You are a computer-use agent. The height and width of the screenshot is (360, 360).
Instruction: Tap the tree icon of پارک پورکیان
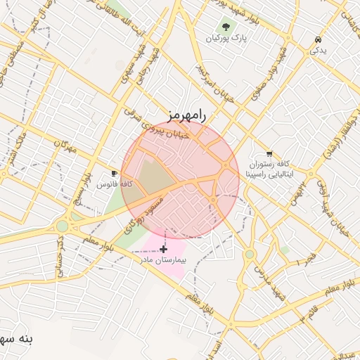point(225,27)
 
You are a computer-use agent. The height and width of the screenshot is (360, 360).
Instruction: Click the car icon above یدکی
point(319,39)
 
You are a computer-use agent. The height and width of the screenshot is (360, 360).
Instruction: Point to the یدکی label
point(319,51)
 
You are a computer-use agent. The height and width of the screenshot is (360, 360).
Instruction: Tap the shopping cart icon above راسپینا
point(269,153)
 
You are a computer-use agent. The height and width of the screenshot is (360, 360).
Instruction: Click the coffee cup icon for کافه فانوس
point(115,173)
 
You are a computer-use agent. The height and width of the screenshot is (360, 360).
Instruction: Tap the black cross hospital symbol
point(164,248)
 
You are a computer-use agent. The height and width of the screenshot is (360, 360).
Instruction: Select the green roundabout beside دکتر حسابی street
point(63,226)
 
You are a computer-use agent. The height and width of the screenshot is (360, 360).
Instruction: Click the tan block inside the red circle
point(156,176)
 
